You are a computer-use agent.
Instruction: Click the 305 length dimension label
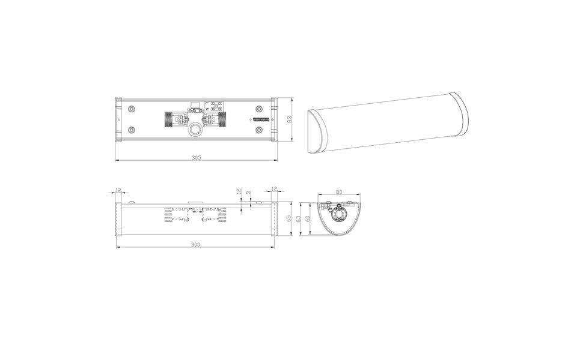(196, 158)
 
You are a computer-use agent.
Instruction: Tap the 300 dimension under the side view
(196, 245)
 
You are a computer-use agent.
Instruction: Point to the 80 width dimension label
(340, 192)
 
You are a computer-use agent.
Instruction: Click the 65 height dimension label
(289, 219)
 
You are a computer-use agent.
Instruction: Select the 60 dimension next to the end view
(308, 219)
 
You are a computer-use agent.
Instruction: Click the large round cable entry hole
(196, 130)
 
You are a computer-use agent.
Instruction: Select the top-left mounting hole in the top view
(131, 109)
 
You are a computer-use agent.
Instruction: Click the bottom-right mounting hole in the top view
(259, 130)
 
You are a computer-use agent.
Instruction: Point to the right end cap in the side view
(272, 219)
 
